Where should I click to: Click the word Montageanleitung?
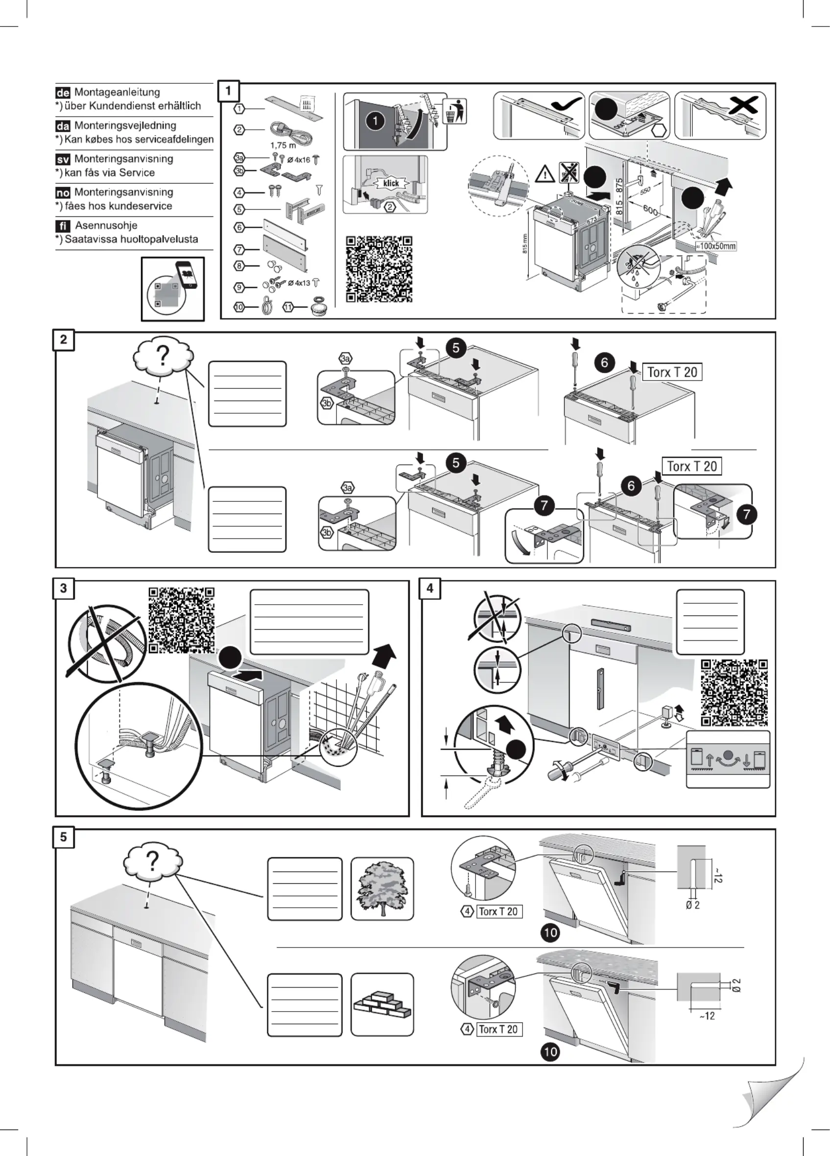(x=117, y=92)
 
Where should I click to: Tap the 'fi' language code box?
(x=62, y=226)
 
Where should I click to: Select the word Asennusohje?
(x=106, y=225)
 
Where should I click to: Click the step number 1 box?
(x=228, y=91)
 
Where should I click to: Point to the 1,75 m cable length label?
(x=283, y=145)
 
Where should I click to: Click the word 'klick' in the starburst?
(x=391, y=184)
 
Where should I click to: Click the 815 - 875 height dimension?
(x=619, y=196)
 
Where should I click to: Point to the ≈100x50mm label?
(x=716, y=246)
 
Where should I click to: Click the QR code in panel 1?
(x=379, y=269)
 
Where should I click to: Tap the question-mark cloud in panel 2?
(x=163, y=356)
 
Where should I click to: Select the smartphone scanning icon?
(x=173, y=289)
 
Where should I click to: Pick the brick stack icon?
(x=382, y=1005)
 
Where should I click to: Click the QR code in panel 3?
(x=182, y=620)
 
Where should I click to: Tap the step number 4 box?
(x=430, y=589)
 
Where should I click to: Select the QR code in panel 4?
(x=734, y=693)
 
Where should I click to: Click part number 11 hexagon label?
(x=288, y=307)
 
